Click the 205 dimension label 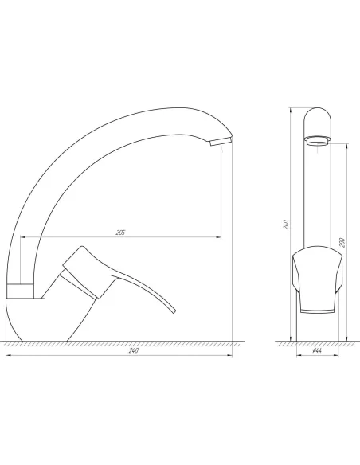pos(120,232)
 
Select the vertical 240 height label pos(285,224)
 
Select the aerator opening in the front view pos(315,141)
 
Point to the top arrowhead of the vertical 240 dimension pos(291,108)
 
